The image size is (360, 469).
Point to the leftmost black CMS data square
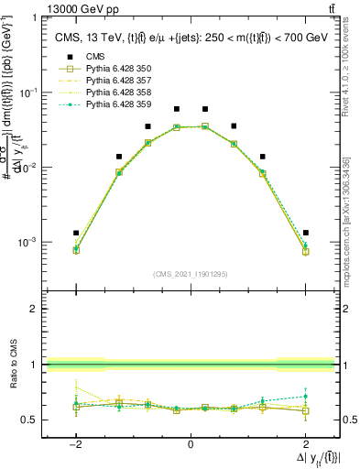[x=76, y=233]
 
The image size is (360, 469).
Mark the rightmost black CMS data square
[x=305, y=233]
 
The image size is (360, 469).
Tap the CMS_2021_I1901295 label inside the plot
[x=191, y=274]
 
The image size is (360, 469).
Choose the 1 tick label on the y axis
[x=35, y=17]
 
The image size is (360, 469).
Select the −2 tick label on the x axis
[x=76, y=444]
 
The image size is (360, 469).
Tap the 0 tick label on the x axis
[x=191, y=444]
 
